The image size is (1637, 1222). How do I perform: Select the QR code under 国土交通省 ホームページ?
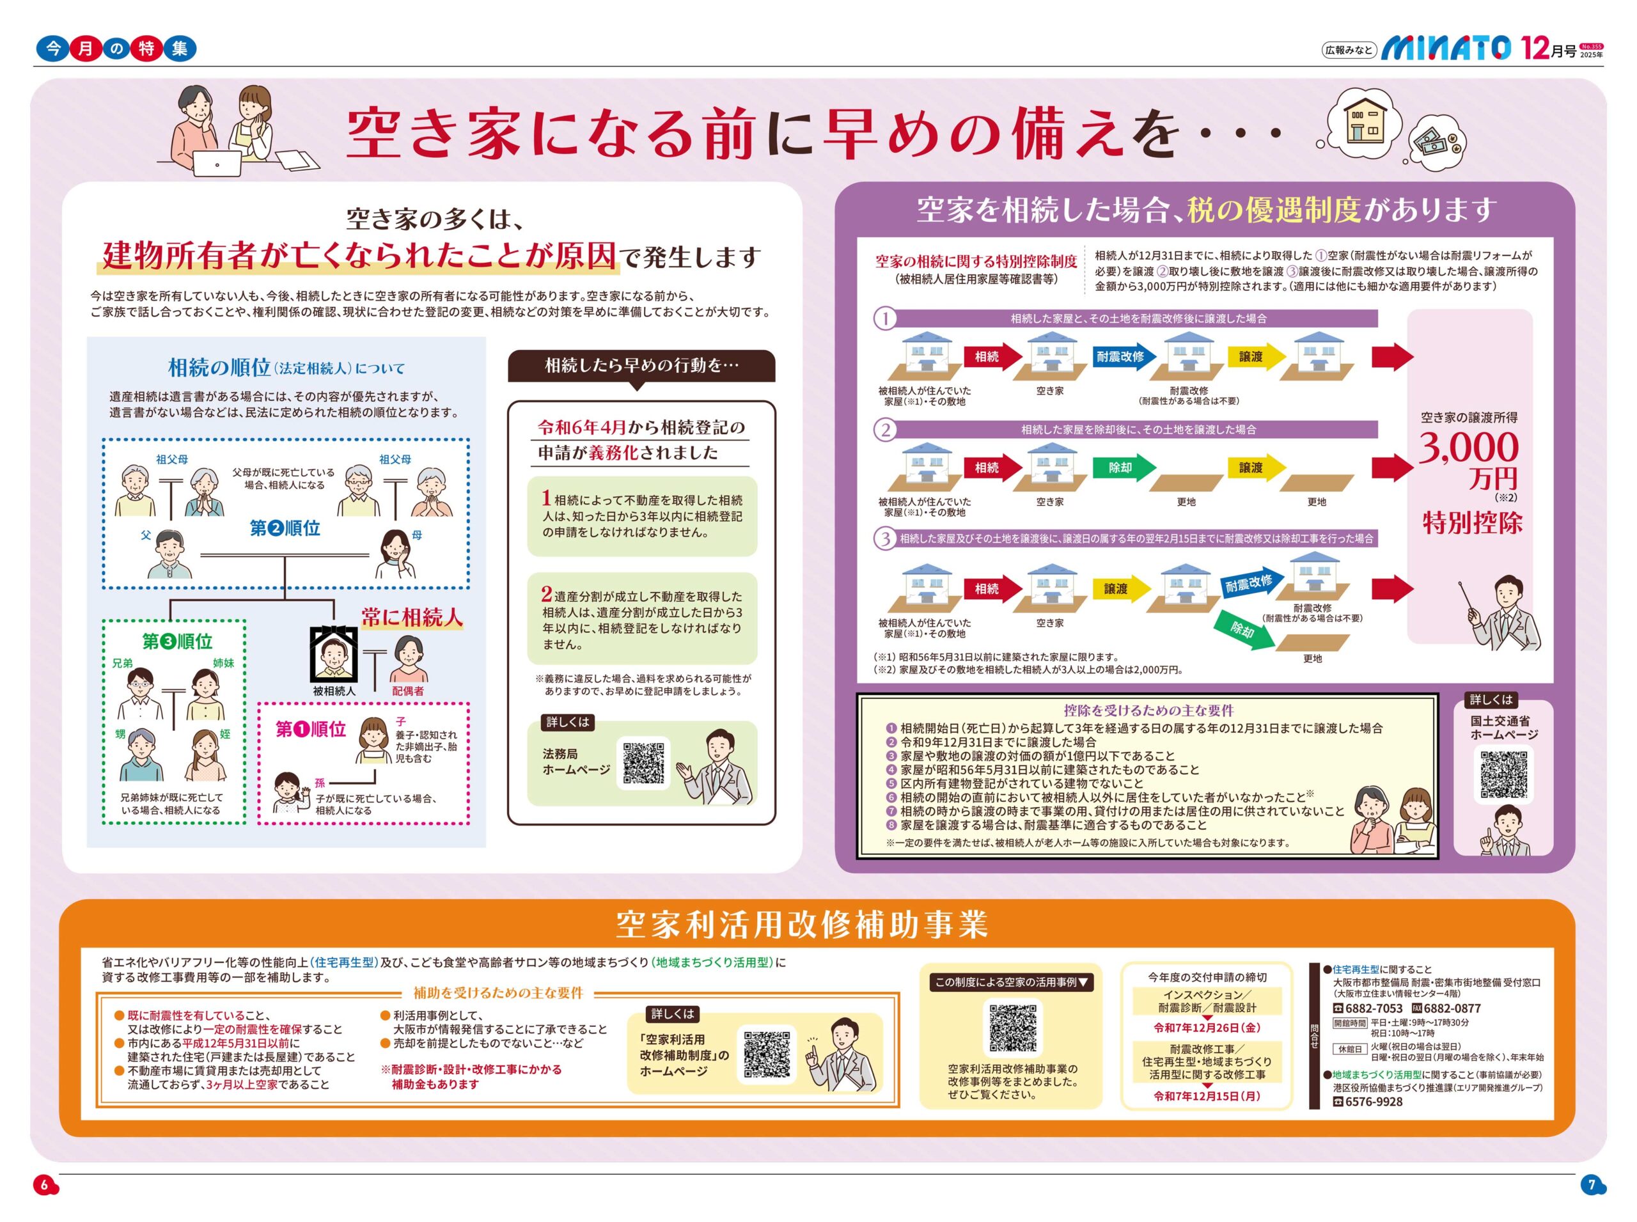pyautogui.click(x=1503, y=775)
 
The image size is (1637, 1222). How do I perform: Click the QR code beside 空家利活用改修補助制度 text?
pyautogui.click(x=766, y=1053)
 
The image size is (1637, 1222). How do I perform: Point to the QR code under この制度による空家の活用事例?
pyautogui.click(x=1012, y=1028)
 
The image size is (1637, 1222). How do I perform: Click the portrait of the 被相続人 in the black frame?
pyautogui.click(x=334, y=655)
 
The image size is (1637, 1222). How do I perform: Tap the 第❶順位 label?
pyautogui.click(x=311, y=730)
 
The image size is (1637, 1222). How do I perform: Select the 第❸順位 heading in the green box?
pyautogui.click(x=178, y=641)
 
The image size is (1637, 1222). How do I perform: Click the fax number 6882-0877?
pyautogui.click(x=1452, y=1008)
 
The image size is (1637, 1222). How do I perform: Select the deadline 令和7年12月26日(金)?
pyautogui.click(x=1207, y=1028)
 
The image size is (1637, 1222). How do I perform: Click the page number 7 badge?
pyautogui.click(x=1592, y=1184)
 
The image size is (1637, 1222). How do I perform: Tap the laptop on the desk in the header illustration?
pyautogui.click(x=217, y=164)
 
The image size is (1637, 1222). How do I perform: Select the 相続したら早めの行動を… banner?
pyautogui.click(x=641, y=365)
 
